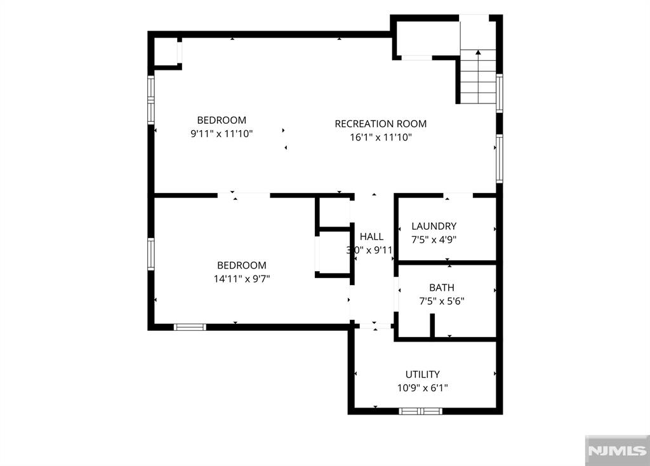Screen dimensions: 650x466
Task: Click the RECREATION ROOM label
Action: click(381, 124)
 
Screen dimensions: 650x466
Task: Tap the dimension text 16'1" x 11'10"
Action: click(381, 137)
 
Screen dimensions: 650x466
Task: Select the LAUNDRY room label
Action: click(434, 226)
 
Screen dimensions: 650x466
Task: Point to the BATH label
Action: click(442, 288)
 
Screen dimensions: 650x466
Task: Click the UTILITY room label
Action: click(422, 375)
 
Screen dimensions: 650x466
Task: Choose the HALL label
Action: click(371, 236)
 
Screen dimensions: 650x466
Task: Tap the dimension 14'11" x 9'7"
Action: click(242, 279)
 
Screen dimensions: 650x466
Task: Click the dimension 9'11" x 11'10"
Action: click(222, 133)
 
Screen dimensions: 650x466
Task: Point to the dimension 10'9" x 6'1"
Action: click(422, 388)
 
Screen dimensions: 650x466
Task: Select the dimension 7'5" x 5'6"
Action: click(442, 301)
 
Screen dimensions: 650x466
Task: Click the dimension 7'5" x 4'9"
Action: click(434, 239)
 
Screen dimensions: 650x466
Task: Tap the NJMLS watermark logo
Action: click(617, 450)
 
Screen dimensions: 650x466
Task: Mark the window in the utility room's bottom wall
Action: click(420, 411)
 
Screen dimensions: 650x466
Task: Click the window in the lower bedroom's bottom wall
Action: click(190, 327)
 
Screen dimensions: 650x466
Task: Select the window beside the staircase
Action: click(500, 93)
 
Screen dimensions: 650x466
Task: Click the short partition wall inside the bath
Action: click(432, 326)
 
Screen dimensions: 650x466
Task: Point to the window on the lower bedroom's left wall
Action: click(151, 254)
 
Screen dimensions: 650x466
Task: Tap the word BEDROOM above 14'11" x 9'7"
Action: click(242, 265)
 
